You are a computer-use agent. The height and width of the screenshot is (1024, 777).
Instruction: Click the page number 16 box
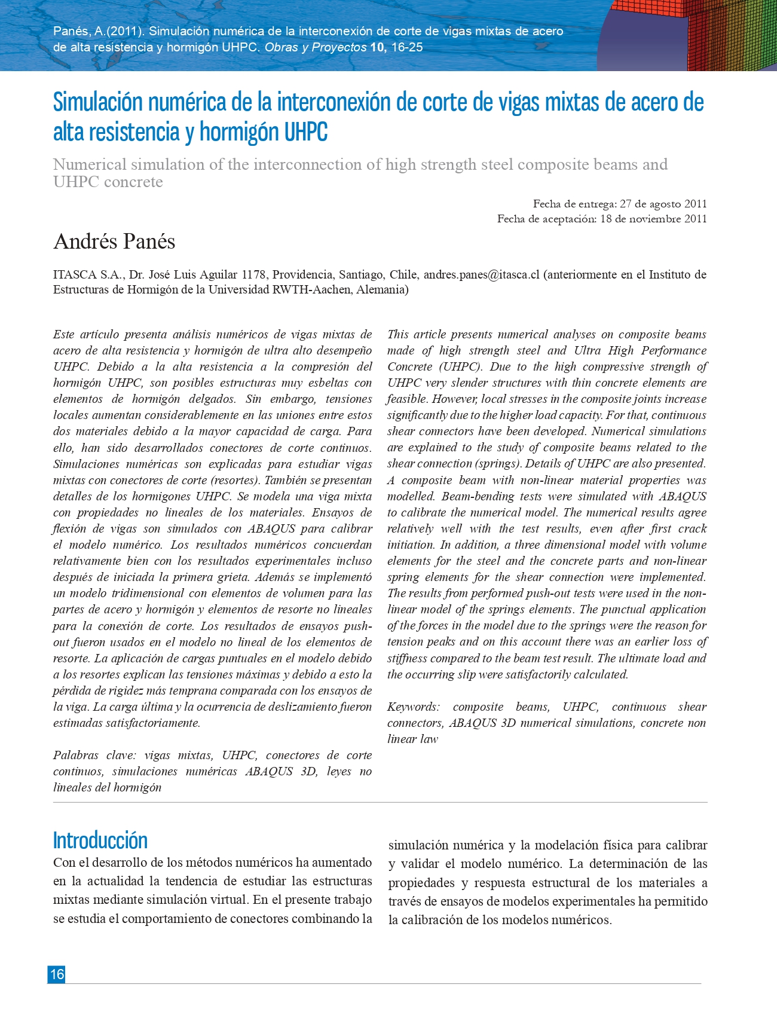pos(57,974)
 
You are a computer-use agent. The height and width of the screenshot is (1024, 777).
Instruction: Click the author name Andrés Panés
pos(114,242)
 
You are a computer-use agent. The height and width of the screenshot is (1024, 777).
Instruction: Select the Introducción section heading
pos(100,840)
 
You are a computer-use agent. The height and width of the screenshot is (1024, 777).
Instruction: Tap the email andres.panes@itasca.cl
pos(481,275)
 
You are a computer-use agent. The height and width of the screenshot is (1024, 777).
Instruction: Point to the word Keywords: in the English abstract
pos(413,707)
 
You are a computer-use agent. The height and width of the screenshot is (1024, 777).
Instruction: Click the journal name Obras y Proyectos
pos(316,47)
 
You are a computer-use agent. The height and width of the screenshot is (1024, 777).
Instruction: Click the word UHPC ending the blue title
pos(305,132)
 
